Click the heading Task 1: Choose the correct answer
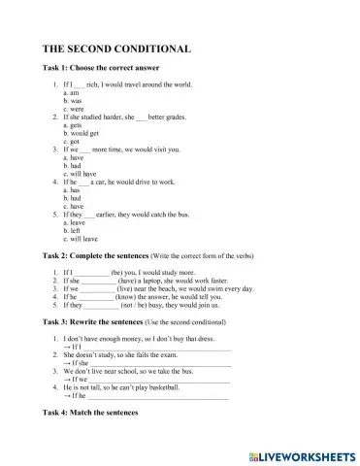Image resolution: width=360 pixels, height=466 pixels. [x=104, y=71]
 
